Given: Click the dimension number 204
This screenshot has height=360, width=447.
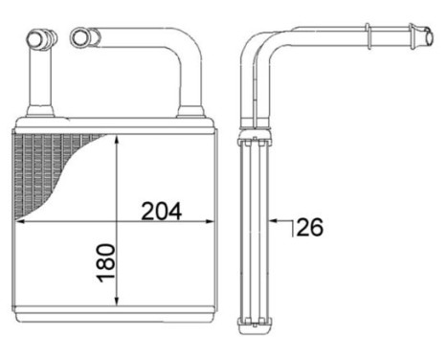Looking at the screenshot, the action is click(x=162, y=211).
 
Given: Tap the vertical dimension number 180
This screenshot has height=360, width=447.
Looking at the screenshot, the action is click(x=106, y=263).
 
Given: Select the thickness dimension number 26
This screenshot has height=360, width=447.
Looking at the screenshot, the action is click(x=309, y=227).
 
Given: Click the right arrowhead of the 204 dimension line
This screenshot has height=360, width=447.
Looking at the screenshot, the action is click(x=208, y=221).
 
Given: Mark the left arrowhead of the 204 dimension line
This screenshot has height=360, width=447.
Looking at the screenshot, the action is click(x=20, y=221).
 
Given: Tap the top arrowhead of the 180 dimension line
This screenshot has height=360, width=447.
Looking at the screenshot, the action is click(x=117, y=140).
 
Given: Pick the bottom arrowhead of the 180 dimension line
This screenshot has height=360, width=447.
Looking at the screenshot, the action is click(x=117, y=300).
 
